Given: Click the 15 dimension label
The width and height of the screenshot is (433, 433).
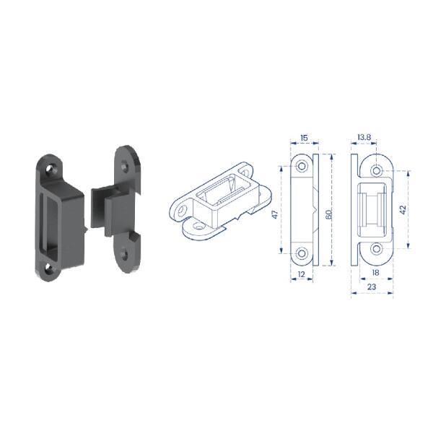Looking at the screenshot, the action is coord(304,138).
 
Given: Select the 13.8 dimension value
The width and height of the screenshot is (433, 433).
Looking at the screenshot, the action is coord(364,137).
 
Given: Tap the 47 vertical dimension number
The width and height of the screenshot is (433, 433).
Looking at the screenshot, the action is coord(275,214).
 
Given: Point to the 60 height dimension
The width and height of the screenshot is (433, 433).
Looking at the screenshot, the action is coord(328,214).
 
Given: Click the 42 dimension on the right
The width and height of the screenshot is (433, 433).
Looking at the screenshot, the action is coord(403,210).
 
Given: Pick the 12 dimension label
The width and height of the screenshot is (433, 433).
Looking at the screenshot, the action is coord(302,274).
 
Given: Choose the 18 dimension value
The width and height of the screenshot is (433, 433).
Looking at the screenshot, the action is coord(375,273).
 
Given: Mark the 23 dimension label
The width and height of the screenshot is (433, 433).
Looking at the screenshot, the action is coord(372,287).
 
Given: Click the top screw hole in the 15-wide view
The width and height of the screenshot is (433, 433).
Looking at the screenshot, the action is coord(302,166).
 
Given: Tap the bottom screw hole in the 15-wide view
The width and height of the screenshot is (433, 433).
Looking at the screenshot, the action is coord(302,253).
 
